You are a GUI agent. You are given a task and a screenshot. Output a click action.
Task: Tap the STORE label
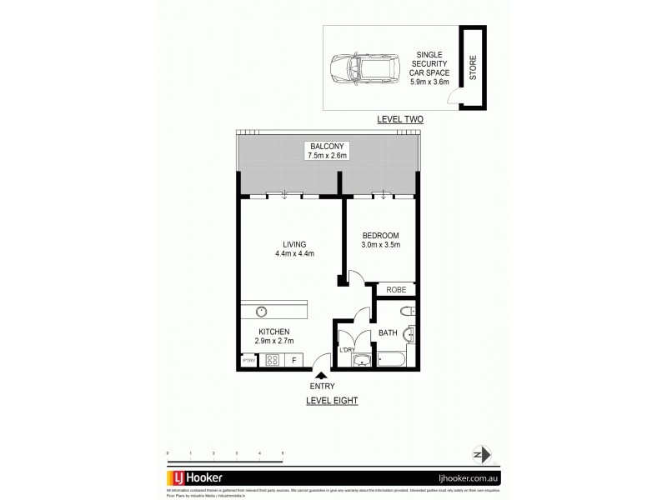(x=472, y=67)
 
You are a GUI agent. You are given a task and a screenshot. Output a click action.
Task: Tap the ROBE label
(x=395, y=289)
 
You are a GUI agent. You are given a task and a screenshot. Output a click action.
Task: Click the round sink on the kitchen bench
(x=261, y=311)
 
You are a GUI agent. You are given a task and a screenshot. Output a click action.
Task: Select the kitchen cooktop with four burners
(x=272, y=361)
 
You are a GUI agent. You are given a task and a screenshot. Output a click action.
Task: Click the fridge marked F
(x=293, y=361)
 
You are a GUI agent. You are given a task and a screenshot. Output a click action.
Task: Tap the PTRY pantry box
(x=248, y=361)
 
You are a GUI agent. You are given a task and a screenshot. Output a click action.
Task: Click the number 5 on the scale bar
(x=283, y=452)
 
